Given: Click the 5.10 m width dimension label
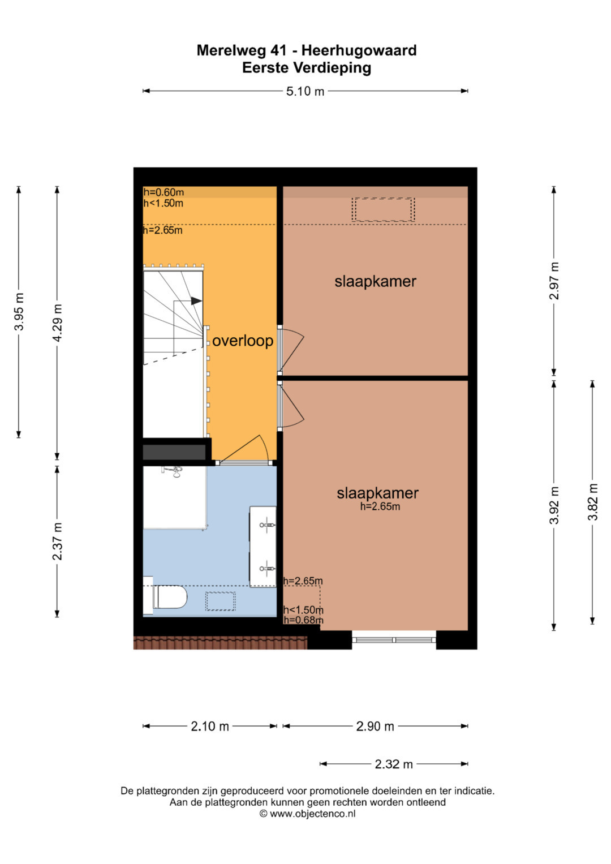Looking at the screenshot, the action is (305, 92).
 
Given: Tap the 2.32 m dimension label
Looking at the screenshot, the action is (393, 764).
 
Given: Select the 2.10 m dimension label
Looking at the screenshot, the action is (210, 727).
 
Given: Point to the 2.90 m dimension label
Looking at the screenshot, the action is (375, 727).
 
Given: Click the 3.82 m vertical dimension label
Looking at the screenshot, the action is (592, 502).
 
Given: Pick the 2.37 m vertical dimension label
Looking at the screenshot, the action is (58, 541).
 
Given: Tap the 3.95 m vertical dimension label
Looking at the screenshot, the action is (19, 312).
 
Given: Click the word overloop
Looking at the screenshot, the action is (243, 341).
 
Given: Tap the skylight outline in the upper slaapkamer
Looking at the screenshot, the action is (383, 209).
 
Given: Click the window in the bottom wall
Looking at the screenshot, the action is (394, 640).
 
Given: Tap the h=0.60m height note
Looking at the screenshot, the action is (163, 192).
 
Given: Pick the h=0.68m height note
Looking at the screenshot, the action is (303, 620).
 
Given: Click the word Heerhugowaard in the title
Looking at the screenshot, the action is (359, 50).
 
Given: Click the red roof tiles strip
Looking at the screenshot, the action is (220, 643).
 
